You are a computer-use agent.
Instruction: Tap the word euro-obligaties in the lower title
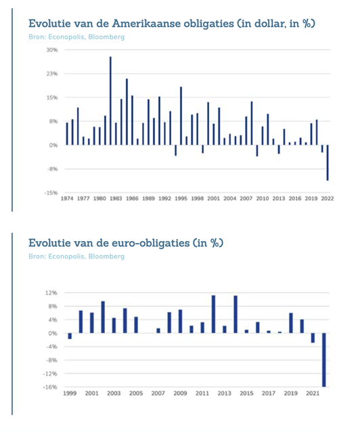(x=151, y=242)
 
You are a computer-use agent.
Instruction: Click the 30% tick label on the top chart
(x=52, y=50)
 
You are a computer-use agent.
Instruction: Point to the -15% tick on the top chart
(x=51, y=193)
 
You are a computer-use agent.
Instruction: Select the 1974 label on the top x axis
(x=67, y=198)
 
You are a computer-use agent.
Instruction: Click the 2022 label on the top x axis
(x=328, y=198)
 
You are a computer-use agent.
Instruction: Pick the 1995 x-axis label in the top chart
(x=181, y=198)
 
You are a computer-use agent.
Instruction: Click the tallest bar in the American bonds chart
(x=110, y=101)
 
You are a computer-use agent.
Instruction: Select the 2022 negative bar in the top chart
(x=328, y=163)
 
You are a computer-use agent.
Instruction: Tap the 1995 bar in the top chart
(x=181, y=116)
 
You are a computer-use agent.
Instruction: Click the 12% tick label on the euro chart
(x=52, y=293)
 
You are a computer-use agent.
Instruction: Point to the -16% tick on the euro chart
(x=50, y=387)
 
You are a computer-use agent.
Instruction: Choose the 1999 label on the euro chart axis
(x=70, y=393)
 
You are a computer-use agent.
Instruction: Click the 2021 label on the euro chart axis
(x=313, y=393)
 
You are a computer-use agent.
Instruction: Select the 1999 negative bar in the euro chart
(x=70, y=336)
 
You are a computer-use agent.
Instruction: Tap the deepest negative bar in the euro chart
(x=324, y=360)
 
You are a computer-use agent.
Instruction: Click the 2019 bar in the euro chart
(x=291, y=323)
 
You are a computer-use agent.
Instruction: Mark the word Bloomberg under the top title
(x=106, y=37)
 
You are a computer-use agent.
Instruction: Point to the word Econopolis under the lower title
(x=67, y=257)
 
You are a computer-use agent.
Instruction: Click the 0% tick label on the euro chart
(x=53, y=333)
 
